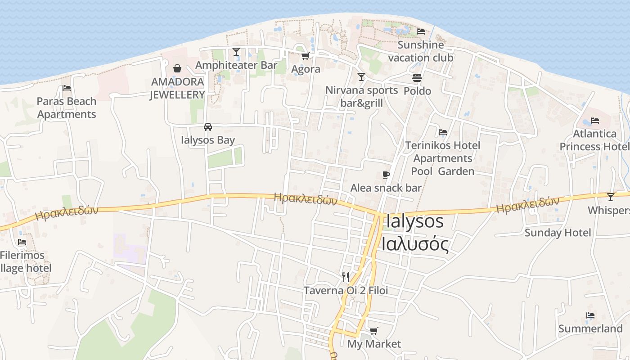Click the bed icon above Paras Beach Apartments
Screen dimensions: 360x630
[x=67, y=88]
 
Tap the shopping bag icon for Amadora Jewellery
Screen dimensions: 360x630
[x=177, y=68]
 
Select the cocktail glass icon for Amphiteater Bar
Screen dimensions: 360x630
[x=236, y=52]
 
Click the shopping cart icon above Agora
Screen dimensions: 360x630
[x=306, y=56]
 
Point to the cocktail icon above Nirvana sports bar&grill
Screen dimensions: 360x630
[x=361, y=77]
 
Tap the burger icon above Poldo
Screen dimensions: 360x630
[x=417, y=78]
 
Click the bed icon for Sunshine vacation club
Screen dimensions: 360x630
[x=421, y=31]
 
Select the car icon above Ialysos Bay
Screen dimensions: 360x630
[x=207, y=127]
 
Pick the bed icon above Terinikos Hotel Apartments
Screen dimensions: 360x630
[x=443, y=132]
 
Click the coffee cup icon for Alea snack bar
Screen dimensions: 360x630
[x=386, y=175]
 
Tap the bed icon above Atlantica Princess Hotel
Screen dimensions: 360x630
[x=595, y=121]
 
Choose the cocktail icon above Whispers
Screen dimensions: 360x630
[x=610, y=197]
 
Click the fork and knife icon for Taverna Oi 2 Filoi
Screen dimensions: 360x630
[x=346, y=277]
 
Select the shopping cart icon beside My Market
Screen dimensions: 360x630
[x=373, y=331]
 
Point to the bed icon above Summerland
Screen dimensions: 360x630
[x=590, y=315]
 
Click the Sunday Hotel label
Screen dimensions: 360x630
[x=558, y=233]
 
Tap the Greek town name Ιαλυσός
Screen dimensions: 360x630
[x=415, y=244]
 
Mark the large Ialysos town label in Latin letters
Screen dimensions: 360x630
[x=415, y=221]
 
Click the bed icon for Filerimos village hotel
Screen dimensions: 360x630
[x=22, y=242]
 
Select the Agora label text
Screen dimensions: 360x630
[x=306, y=69]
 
